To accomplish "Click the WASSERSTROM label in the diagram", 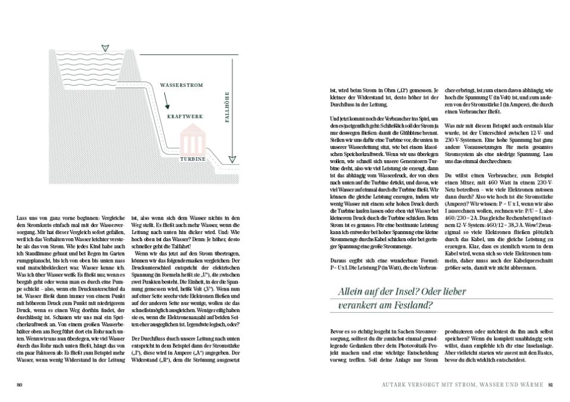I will (x=181, y=85).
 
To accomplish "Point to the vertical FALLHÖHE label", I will (x=227, y=107).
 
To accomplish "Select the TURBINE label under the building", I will (x=193, y=160).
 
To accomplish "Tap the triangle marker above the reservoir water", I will (x=105, y=48).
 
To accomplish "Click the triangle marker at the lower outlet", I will (x=232, y=159).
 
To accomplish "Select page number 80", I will (x=19, y=384).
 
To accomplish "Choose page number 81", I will (x=551, y=384).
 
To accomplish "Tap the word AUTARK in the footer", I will (x=397, y=384).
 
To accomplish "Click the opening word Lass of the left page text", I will (x=21, y=218).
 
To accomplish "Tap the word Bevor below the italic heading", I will (x=337, y=329).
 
